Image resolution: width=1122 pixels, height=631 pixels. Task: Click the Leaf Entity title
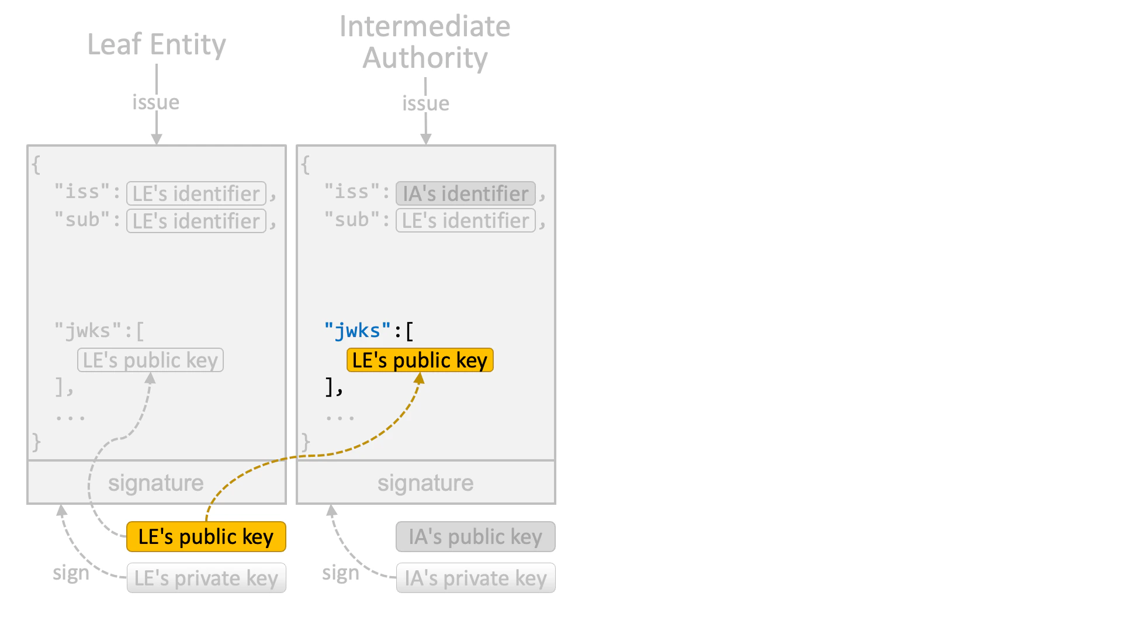[x=157, y=45]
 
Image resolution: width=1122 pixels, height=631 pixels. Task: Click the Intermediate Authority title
[x=425, y=42]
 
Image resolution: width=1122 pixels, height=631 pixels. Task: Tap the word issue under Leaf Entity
[x=156, y=102]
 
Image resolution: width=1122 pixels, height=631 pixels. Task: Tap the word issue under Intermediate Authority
[x=425, y=103]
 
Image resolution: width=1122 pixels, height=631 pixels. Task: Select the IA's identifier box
[x=466, y=193]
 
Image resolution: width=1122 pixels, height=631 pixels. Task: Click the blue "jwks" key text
[x=358, y=331]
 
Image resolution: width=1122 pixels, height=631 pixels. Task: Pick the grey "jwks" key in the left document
[x=88, y=331]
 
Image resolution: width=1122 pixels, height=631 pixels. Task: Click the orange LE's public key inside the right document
[x=420, y=360]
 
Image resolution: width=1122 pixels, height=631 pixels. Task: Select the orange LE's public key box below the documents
[x=206, y=536]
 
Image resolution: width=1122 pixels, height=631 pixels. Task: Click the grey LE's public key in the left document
[x=151, y=360]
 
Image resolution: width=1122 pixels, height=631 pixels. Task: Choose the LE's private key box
[x=206, y=578]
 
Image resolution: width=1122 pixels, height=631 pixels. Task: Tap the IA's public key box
[x=476, y=536]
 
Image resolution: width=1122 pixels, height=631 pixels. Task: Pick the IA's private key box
[x=476, y=578]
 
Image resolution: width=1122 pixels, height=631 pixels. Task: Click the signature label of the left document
[x=156, y=483]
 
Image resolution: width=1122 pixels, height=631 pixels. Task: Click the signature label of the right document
[x=425, y=483]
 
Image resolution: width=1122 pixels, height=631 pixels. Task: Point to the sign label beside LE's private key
[x=71, y=573]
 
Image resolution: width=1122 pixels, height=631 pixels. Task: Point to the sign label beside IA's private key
[x=341, y=573]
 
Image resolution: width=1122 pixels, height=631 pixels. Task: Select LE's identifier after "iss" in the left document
[x=196, y=193]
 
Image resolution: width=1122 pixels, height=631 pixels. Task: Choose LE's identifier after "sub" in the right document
[x=466, y=220]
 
